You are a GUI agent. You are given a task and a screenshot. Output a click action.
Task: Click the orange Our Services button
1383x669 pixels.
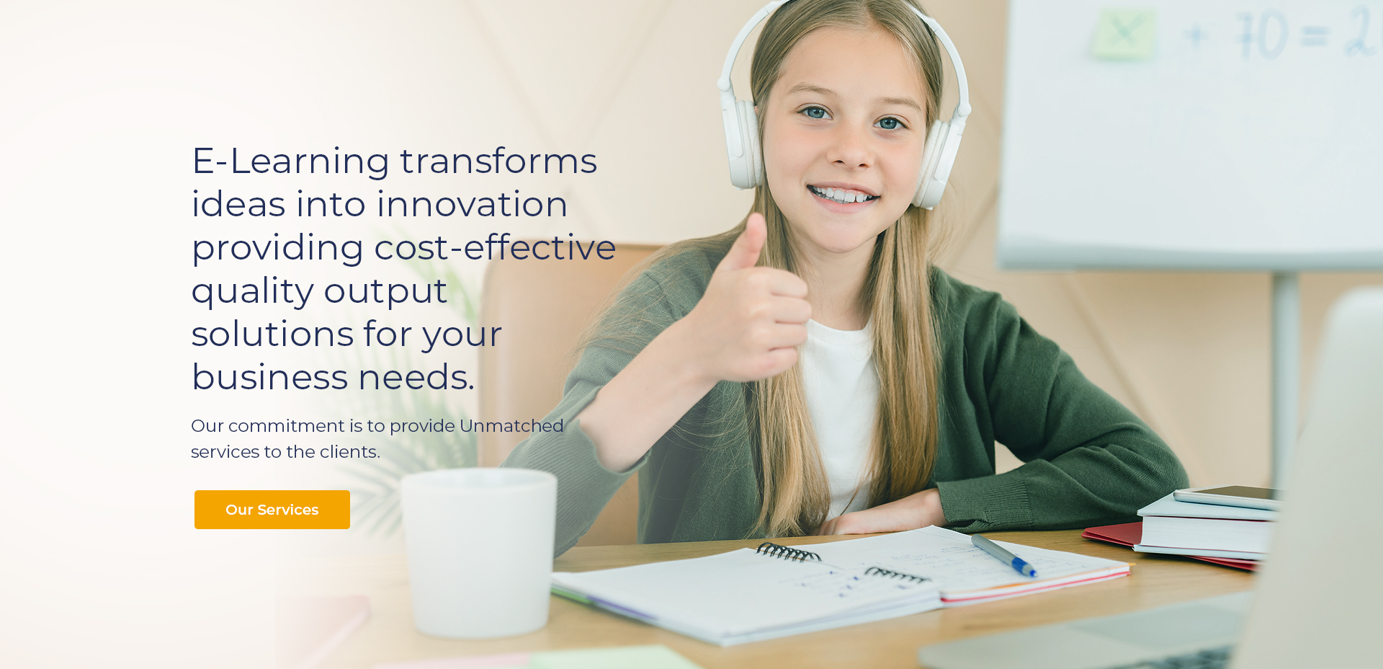272,510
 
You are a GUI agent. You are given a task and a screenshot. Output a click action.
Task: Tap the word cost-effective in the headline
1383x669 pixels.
495,247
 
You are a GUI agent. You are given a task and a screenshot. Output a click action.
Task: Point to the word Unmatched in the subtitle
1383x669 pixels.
511,426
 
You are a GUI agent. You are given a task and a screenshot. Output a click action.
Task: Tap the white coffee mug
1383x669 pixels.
478,552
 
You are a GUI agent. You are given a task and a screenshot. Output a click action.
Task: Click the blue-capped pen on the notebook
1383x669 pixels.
1003,554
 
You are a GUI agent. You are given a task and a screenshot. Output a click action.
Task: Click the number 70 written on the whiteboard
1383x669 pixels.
1262,35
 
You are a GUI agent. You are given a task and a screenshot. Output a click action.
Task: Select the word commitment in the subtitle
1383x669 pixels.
287,426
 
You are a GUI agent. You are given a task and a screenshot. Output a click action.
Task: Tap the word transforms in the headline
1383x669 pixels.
498,161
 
